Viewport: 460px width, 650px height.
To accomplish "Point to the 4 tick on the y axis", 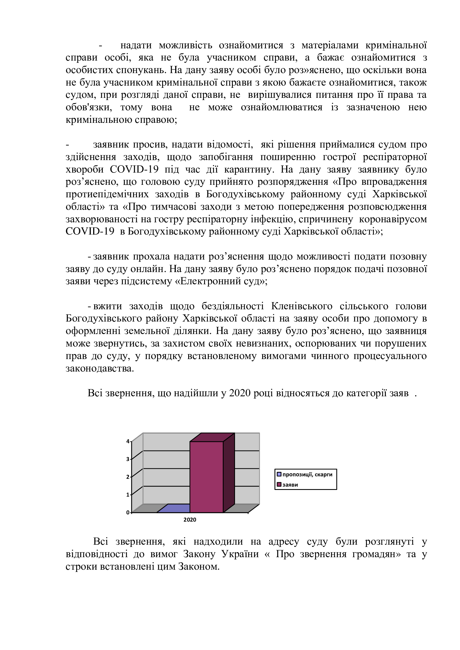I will pyautogui.click(x=128, y=441).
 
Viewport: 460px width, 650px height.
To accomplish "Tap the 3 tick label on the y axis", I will pyautogui.click(x=128, y=459).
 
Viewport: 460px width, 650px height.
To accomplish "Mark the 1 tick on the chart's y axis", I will pyautogui.click(x=128, y=495).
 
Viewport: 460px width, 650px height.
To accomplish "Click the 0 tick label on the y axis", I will pyautogui.click(x=128, y=512).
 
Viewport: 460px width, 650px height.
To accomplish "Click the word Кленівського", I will pyautogui.click(x=302, y=306).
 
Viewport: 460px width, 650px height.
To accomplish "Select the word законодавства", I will pyautogui.click(x=100, y=368).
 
